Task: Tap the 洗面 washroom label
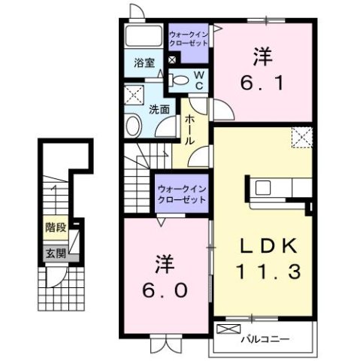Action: point(159,108)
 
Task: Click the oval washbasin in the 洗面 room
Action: point(134,126)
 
